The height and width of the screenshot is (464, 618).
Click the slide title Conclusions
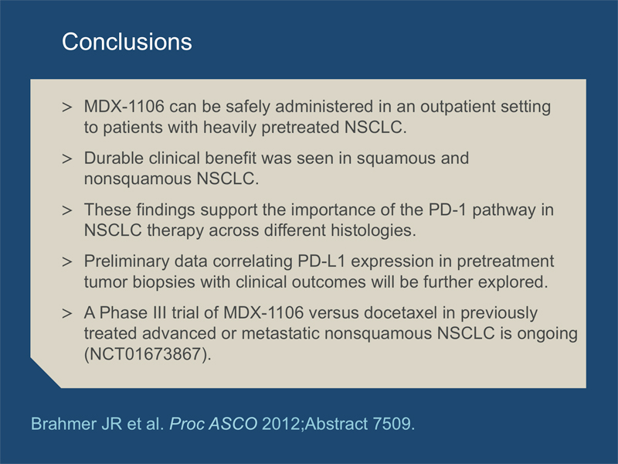[x=127, y=42]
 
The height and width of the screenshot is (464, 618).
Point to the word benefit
[x=230, y=159]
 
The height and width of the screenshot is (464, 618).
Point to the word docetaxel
[x=400, y=313]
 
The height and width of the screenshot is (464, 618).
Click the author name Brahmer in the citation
[x=64, y=424]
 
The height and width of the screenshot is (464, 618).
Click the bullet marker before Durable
[x=67, y=159]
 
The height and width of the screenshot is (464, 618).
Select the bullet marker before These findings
[x=67, y=210]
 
